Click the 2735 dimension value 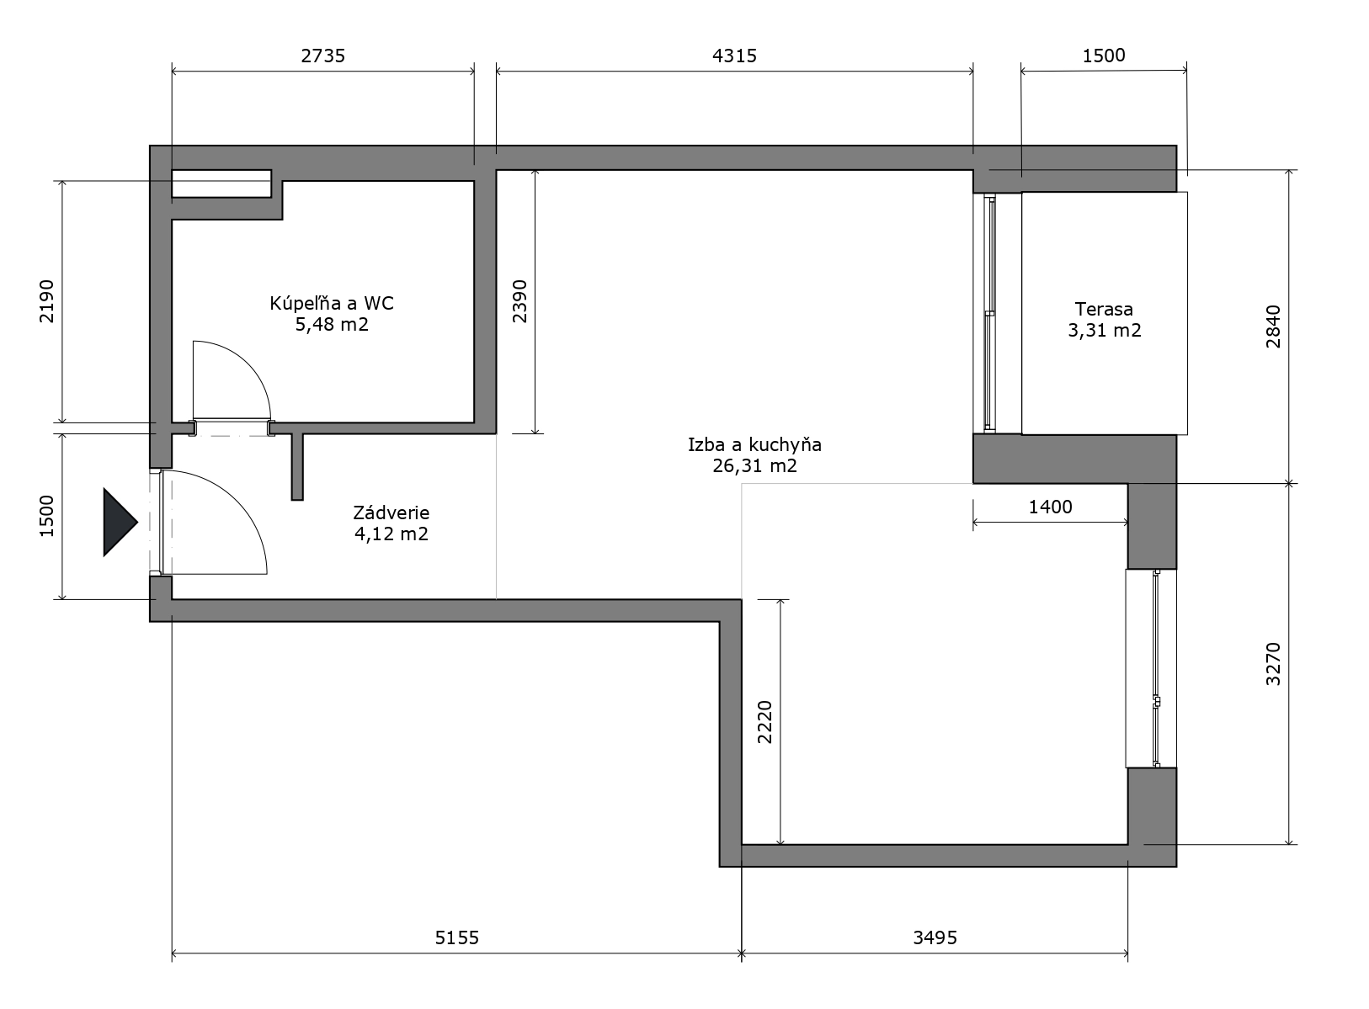(x=322, y=56)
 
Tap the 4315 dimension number (x=734, y=56)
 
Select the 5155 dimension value (x=456, y=937)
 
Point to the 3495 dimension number (x=935, y=937)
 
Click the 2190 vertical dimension (x=47, y=301)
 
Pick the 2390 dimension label (x=520, y=301)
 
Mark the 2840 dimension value (x=1273, y=327)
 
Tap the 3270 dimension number (x=1273, y=664)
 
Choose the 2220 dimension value (x=765, y=722)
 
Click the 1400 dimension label (x=1050, y=507)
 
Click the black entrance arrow (x=120, y=523)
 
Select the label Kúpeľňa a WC (x=332, y=303)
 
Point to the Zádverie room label (x=392, y=512)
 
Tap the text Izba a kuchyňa (x=754, y=445)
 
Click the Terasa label (x=1104, y=309)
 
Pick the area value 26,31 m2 (x=754, y=466)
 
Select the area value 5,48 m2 (x=332, y=324)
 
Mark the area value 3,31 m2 (x=1105, y=331)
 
